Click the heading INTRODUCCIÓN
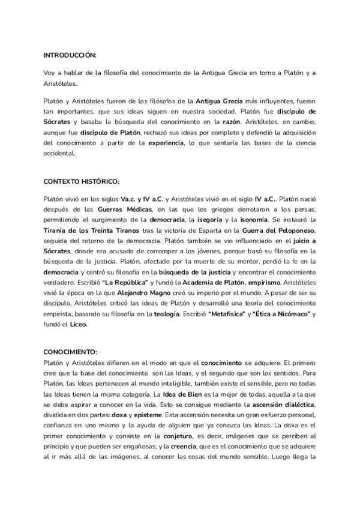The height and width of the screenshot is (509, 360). (x=70, y=55)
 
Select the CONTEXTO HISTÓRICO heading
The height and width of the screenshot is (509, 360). (x=82, y=181)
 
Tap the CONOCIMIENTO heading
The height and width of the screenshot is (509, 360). (x=70, y=352)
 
